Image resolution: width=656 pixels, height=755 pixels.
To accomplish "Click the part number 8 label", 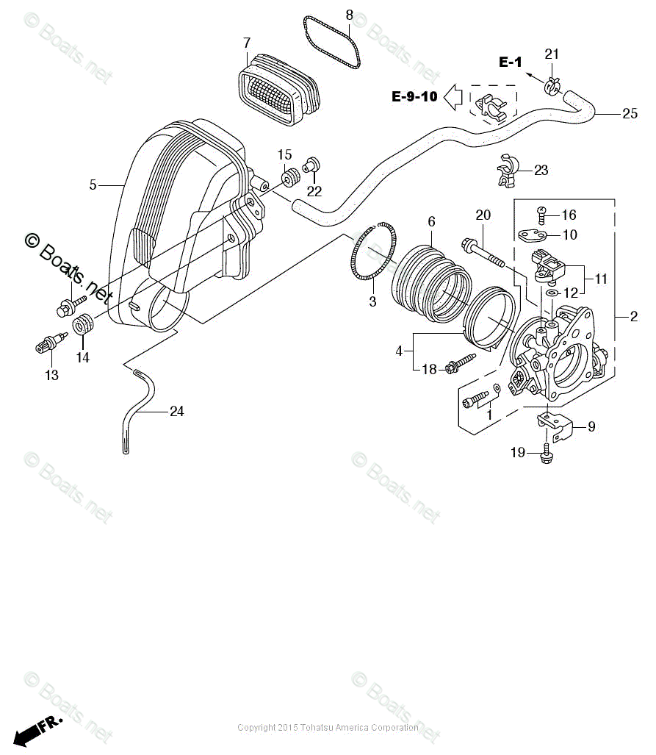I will pos(349,15).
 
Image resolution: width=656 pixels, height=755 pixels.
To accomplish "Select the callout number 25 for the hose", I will pos(629,113).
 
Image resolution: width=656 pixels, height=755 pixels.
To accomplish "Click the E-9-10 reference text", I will pos(414,96).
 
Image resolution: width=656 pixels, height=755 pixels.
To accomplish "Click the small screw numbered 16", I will pos(541,215).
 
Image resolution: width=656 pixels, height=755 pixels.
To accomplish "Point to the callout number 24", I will pos(176,412).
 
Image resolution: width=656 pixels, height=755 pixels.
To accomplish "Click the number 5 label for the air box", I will pos(93,185).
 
